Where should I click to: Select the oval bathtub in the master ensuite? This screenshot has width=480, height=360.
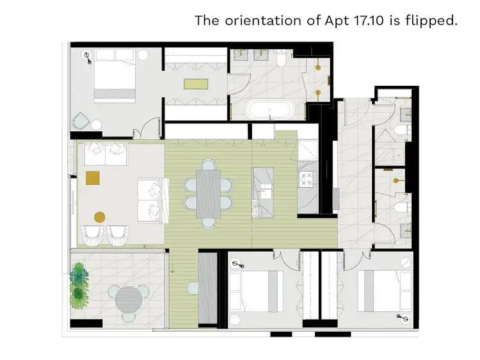(269, 110)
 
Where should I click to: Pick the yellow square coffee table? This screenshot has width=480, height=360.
(93, 177)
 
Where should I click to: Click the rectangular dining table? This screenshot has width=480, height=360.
(209, 192)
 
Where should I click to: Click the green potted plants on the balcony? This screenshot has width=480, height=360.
(79, 284)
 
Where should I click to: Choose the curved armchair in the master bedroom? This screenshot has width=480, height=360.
(82, 121)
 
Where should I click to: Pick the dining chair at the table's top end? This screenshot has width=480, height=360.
(208, 163)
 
